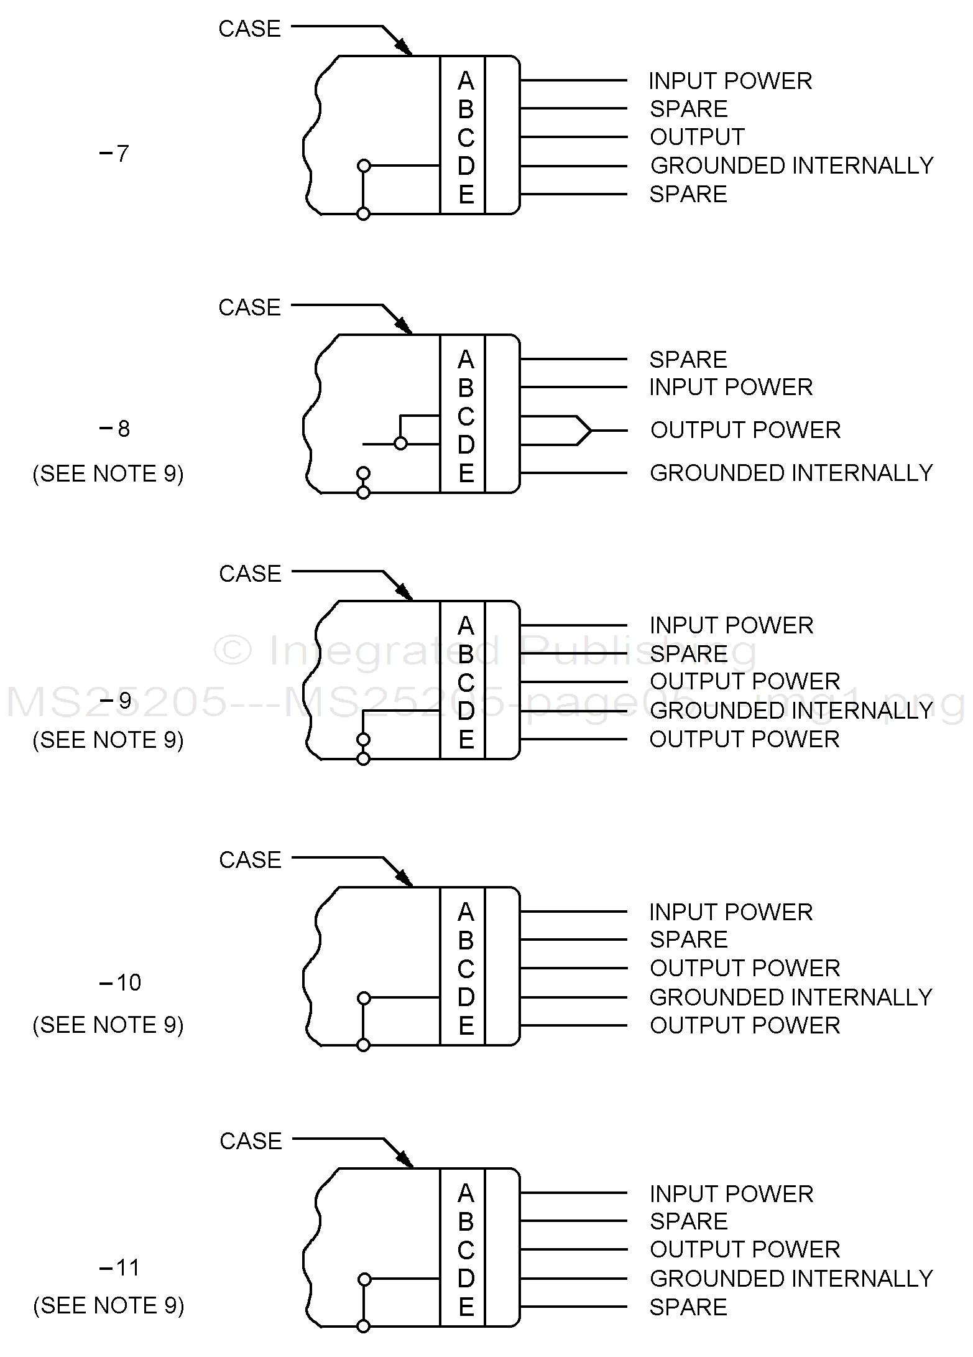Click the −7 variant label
pos(114,153)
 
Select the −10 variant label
pos(121,982)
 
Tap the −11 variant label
pos(120,1267)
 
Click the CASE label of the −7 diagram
pos(250,29)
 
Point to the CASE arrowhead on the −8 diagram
pos(405,326)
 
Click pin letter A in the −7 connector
pos(466,81)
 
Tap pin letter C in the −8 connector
pos(466,416)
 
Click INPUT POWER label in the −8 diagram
pos(731,387)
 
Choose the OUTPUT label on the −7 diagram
pos(697,137)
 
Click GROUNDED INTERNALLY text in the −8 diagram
pos(791,473)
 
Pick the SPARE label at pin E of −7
pos(688,194)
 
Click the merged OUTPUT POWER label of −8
pos(745,430)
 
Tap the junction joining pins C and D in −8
pos(401,444)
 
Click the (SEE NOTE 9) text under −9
pos(108,740)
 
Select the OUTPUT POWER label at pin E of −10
pos(745,1025)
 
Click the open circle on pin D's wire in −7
pos(364,166)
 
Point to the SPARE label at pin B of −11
pos(688,1221)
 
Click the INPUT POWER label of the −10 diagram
pos(731,912)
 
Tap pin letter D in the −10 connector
pos(466,997)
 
